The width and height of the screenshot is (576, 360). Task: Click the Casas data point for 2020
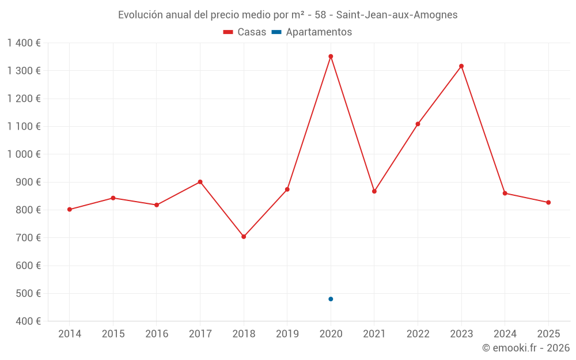[331, 56]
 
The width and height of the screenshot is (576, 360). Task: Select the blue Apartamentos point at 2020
[331, 299]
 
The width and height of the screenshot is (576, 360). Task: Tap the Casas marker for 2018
[244, 237]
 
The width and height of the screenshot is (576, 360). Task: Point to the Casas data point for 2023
[461, 66]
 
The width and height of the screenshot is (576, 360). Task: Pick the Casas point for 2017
[200, 182]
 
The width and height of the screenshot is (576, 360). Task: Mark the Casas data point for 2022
[418, 124]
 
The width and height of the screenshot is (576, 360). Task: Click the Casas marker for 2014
[70, 210]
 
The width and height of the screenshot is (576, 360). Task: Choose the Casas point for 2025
[548, 202]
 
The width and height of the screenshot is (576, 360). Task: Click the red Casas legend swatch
[228, 32]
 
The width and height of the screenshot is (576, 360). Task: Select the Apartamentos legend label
[319, 32]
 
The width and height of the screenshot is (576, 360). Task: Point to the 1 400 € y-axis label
[24, 43]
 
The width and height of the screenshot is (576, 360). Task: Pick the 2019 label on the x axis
[287, 334]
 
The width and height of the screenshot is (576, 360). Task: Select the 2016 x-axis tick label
[157, 334]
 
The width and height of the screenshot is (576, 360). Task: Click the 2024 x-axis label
[505, 334]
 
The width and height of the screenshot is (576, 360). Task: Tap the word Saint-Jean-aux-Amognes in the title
[397, 15]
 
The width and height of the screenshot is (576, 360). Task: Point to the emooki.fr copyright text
[526, 348]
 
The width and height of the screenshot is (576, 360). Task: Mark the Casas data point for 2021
[374, 191]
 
